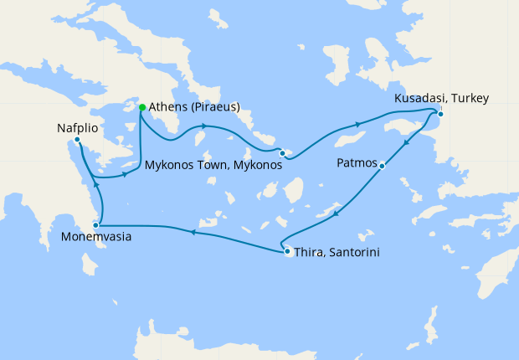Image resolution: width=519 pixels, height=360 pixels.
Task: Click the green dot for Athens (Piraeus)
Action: (x=142, y=107)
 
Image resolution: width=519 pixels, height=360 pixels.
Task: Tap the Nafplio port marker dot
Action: (x=77, y=140)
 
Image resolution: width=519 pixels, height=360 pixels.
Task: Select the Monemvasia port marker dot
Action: (x=96, y=225)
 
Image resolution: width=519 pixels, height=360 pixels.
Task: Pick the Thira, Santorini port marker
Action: (x=287, y=251)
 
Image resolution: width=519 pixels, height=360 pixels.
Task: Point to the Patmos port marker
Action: (x=382, y=166)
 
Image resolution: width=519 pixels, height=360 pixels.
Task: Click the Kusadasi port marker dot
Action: (x=440, y=114)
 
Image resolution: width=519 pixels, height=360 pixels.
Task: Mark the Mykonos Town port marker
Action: (x=283, y=153)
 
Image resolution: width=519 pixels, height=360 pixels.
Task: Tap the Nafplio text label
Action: (x=78, y=128)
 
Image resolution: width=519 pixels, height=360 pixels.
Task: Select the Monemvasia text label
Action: (x=95, y=239)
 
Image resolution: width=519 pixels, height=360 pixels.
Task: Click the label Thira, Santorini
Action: (x=331, y=251)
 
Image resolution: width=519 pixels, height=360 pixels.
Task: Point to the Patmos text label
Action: (x=357, y=162)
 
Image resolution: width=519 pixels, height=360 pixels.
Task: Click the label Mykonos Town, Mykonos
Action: (x=213, y=166)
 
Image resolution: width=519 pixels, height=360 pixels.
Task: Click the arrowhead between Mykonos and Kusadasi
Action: (x=359, y=125)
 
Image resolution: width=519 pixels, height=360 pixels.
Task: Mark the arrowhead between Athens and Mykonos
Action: (x=203, y=126)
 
